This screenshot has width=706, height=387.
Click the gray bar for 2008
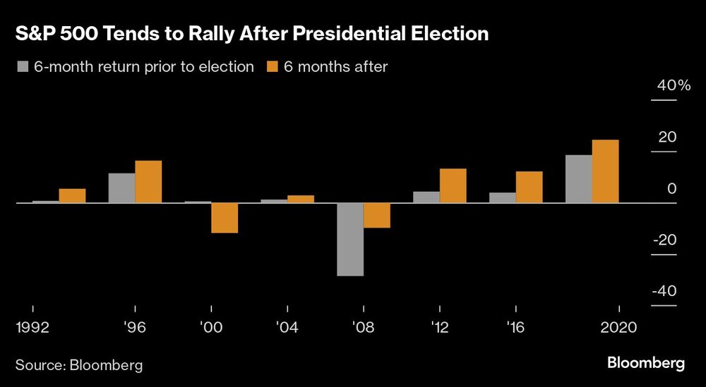[350, 239]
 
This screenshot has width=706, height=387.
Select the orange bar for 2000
[225, 218]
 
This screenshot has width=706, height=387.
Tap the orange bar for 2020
[606, 171]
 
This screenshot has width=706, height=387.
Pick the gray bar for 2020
[579, 179]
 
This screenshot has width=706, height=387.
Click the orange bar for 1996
[148, 182]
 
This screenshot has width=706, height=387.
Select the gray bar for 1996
[121, 188]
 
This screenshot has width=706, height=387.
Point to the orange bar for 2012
[453, 186]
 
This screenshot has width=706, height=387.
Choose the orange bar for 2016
[529, 188]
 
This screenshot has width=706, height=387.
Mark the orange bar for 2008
[377, 215]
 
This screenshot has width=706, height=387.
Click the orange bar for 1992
[72, 196]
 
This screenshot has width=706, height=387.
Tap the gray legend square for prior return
[22, 67]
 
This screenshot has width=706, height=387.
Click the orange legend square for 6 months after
[272, 67]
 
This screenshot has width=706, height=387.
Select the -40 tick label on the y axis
[664, 292]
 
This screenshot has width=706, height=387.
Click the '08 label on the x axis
[363, 328]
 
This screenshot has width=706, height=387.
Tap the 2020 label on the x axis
[619, 328]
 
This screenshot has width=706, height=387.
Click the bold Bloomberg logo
[646, 364]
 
